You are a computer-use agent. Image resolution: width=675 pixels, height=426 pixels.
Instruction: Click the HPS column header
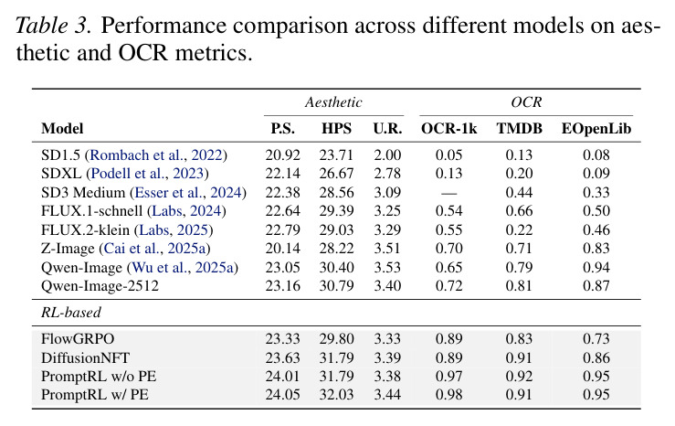pos(336,128)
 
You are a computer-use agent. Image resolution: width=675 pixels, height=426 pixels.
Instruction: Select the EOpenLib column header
pos(596,129)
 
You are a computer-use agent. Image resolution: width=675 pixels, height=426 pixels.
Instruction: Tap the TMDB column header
pos(519,128)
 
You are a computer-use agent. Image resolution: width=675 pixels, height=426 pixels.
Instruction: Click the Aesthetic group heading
pos(333,102)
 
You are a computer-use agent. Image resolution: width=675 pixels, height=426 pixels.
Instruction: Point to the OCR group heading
pos(526,102)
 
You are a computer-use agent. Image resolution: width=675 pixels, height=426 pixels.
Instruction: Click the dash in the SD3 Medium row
pos(449,194)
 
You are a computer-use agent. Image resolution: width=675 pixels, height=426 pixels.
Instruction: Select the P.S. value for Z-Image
pos(282,249)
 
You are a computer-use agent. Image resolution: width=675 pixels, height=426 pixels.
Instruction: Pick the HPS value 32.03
pos(336,395)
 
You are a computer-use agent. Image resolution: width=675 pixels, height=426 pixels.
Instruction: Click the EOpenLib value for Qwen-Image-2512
pos(596,286)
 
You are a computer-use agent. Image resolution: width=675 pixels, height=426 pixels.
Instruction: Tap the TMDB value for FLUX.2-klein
pos(519,229)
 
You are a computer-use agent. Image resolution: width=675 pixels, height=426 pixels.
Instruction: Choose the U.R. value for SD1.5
pos(387,155)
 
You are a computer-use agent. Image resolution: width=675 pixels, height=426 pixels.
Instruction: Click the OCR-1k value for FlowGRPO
pos(449,338)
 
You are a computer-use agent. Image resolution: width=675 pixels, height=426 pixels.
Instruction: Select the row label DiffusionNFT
pos(85,357)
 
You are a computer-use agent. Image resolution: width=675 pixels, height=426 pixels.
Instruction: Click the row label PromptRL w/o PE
pos(99,376)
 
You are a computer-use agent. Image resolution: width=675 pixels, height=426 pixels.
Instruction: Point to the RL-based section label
pos(71,312)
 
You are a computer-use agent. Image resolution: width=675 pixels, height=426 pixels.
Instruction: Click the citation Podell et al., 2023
pos(147,173)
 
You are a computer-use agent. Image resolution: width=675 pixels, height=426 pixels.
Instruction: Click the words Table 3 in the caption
pos(53,25)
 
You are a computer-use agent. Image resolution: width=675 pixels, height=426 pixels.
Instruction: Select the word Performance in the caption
pos(163,26)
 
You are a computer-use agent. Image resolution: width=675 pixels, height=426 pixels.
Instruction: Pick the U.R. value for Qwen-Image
pos(387,268)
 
